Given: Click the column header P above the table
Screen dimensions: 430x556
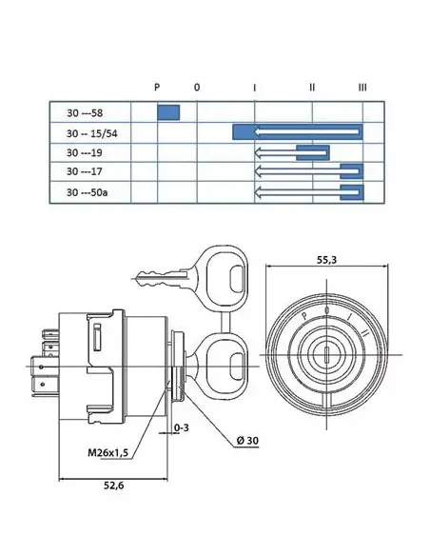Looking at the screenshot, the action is [x=157, y=87].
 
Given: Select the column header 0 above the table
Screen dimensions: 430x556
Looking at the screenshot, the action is [x=197, y=87].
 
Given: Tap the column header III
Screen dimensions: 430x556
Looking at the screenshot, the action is [x=362, y=87].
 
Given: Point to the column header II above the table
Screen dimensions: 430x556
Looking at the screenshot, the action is [x=312, y=87].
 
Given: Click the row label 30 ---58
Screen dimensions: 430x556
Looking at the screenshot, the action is [x=85, y=113].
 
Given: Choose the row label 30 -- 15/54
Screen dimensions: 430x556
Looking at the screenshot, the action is [x=91, y=133].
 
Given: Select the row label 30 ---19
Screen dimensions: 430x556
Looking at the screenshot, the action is [x=85, y=152].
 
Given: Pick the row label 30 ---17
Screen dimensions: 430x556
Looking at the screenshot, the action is [x=85, y=171].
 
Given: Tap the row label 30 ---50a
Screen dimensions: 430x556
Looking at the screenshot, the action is [x=88, y=192].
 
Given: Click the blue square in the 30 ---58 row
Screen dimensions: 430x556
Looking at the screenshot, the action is [x=168, y=112].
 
